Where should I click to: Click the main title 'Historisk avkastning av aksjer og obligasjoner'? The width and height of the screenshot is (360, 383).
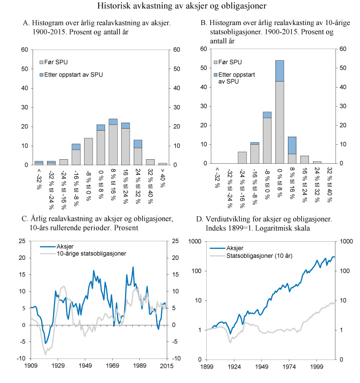pos(180,7)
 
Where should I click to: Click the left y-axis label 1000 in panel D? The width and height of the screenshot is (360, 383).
pos(193,241)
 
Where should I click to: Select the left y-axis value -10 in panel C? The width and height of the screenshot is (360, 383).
pos(22,358)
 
